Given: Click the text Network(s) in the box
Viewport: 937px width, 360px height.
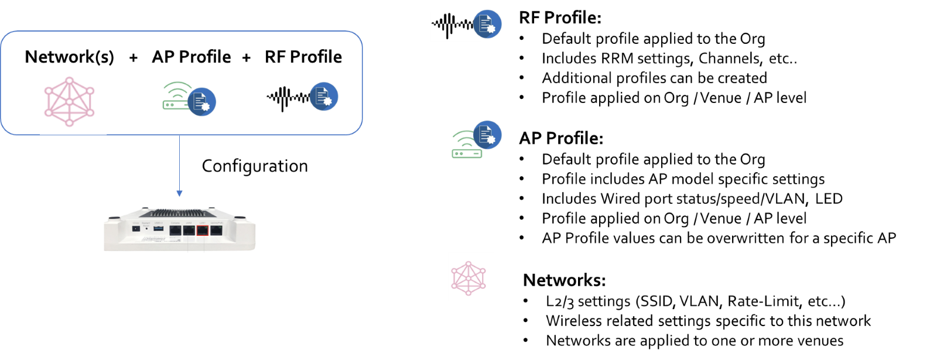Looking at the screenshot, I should [x=69, y=57].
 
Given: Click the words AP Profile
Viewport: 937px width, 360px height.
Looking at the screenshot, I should [x=191, y=57].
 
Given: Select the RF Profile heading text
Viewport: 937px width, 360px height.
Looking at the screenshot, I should [x=303, y=57].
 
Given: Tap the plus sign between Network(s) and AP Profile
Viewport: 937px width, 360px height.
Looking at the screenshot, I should [x=134, y=57].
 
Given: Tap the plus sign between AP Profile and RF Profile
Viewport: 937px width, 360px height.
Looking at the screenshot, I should [x=247, y=57].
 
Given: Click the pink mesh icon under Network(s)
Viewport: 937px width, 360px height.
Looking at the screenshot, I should [x=70, y=101].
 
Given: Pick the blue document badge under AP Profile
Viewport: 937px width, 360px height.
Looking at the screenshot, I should [x=201, y=102].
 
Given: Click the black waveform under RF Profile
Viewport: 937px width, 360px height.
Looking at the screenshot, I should [x=288, y=98].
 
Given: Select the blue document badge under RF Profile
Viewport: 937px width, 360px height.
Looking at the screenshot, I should [x=324, y=97].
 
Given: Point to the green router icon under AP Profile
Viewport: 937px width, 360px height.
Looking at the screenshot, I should [x=176, y=97].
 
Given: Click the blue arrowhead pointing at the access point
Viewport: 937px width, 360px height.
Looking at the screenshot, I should [x=179, y=193].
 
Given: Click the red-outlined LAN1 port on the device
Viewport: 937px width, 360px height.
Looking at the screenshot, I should [x=202, y=230].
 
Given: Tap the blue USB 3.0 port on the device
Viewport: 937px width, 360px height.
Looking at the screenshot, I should [x=159, y=228].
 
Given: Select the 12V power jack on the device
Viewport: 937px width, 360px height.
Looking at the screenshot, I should [x=136, y=229].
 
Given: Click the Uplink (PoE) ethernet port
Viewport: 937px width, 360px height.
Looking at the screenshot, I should [x=216, y=230].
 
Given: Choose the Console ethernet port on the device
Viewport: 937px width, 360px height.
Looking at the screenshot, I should [x=175, y=230].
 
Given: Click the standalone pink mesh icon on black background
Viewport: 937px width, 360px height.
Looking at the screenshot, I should [x=471, y=277].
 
